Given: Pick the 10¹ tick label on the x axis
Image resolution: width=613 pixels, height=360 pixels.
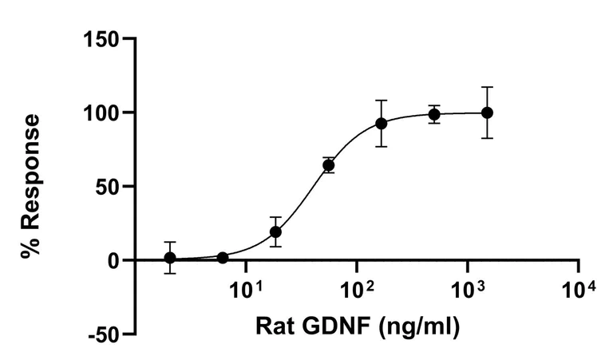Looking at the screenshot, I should pos(246,287).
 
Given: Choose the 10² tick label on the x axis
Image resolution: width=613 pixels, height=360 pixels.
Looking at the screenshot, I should pos(357,287).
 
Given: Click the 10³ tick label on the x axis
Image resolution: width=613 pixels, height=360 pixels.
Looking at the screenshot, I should pos(468,287).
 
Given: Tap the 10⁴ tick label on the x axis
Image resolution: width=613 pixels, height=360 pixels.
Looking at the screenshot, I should pos(579,287).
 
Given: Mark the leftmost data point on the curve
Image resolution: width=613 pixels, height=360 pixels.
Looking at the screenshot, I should pos(170,258).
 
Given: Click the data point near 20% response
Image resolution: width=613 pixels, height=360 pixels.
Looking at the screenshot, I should pos(275,232).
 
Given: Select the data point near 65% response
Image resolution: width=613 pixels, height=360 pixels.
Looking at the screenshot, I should pos(328,165).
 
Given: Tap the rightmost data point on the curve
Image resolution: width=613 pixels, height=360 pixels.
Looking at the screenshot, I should pos(487,113).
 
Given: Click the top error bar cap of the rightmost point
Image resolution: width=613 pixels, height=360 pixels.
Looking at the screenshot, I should pos(487,87).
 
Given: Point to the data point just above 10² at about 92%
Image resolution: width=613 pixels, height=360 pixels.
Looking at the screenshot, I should pos(382,124).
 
